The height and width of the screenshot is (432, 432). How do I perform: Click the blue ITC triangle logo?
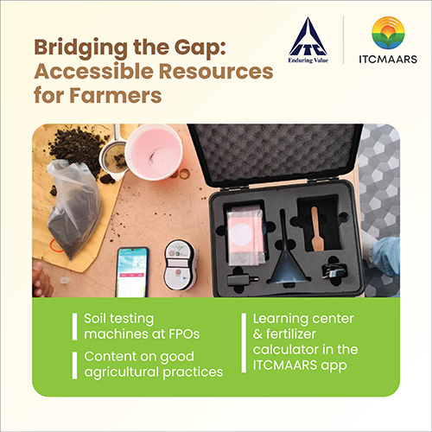tap(308, 36)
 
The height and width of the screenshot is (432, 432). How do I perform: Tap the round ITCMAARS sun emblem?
tap(388, 33)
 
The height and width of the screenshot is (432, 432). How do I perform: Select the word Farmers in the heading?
tap(115, 95)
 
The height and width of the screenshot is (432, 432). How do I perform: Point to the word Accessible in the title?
tap(93, 72)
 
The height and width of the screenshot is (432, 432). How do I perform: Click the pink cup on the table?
tap(153, 151)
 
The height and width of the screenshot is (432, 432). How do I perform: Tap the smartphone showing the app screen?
tap(132, 272)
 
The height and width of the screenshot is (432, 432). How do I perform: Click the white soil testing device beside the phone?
tap(180, 265)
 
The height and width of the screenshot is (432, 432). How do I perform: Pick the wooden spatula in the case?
tap(316, 229)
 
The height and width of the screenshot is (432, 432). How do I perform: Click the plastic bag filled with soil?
tap(73, 208)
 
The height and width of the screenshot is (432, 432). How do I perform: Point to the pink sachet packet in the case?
tap(247, 236)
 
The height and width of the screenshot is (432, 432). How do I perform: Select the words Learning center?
tap(303, 319)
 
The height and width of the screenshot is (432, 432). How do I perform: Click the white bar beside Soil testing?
tap(74, 327)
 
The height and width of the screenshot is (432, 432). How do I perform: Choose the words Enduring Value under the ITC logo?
tap(308, 60)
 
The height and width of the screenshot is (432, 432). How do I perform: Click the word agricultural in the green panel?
tap(122, 372)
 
